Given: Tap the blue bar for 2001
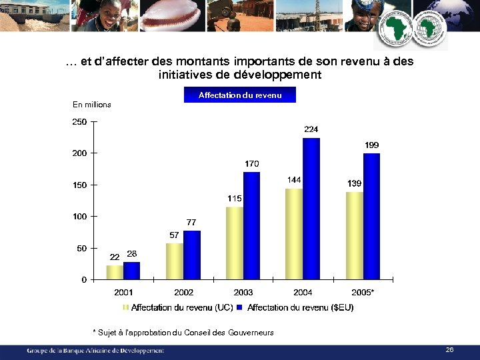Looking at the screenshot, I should point(132,271).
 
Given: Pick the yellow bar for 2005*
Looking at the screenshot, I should point(355,235).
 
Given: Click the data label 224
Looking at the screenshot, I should point(311,129).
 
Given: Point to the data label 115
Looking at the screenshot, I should point(234,199).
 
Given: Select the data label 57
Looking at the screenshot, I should point(174,235).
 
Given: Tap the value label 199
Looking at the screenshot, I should point(372,145).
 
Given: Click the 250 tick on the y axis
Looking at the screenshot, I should point(79,122).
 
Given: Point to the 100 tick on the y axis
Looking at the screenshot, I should point(79,217).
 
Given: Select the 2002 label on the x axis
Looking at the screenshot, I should point(184,292).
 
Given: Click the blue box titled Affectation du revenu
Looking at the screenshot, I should point(240,95).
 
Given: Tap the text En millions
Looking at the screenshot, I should point(92,105).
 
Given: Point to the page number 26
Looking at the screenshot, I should point(449,349).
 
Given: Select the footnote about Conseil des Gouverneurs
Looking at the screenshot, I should point(183,333).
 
